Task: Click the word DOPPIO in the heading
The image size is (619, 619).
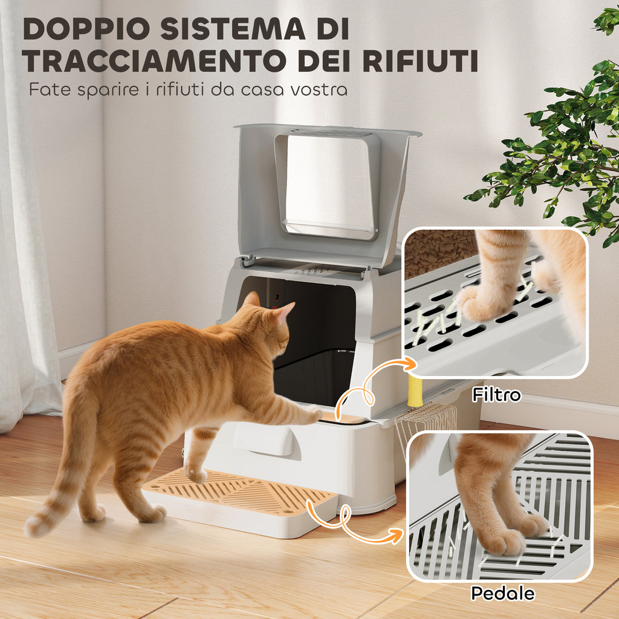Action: coord(86,29)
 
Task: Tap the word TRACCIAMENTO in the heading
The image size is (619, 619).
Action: coord(153,61)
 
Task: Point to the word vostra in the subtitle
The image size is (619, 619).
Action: coord(319,89)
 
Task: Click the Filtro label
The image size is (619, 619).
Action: coord(497,394)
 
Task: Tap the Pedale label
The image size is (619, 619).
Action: coord(502,594)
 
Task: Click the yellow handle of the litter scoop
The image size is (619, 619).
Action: coord(415,391)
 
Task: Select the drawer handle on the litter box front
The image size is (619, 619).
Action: coord(264,439)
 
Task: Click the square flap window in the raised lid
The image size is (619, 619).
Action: coord(328,185)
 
